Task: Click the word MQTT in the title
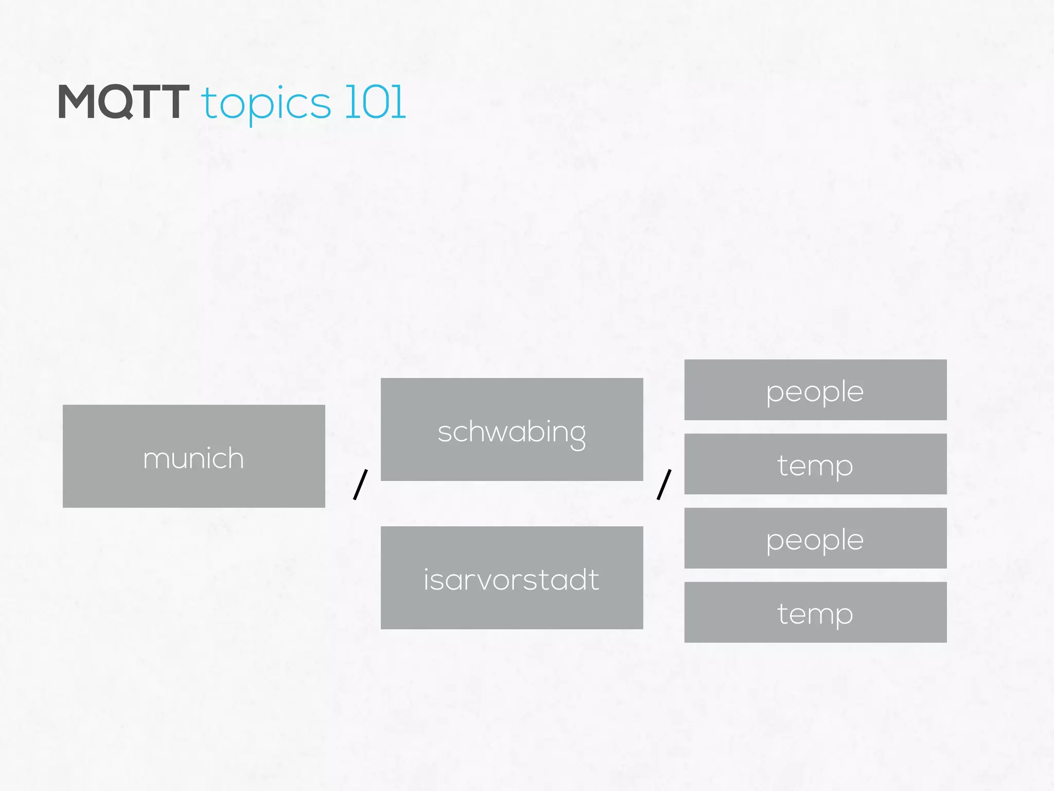tap(124, 102)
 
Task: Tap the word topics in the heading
tap(266, 104)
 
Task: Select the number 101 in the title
tap(375, 102)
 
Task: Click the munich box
tap(194, 456)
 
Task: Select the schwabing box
tap(512, 429)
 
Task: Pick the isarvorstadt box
tap(512, 578)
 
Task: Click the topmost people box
tap(815, 390)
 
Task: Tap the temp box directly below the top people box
tap(815, 464)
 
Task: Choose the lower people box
tap(815, 538)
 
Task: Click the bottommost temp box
tap(815, 612)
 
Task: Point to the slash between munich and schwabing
tap(360, 484)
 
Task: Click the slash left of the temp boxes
tap(664, 484)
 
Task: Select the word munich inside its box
tap(194, 458)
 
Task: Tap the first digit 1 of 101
tap(350, 102)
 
